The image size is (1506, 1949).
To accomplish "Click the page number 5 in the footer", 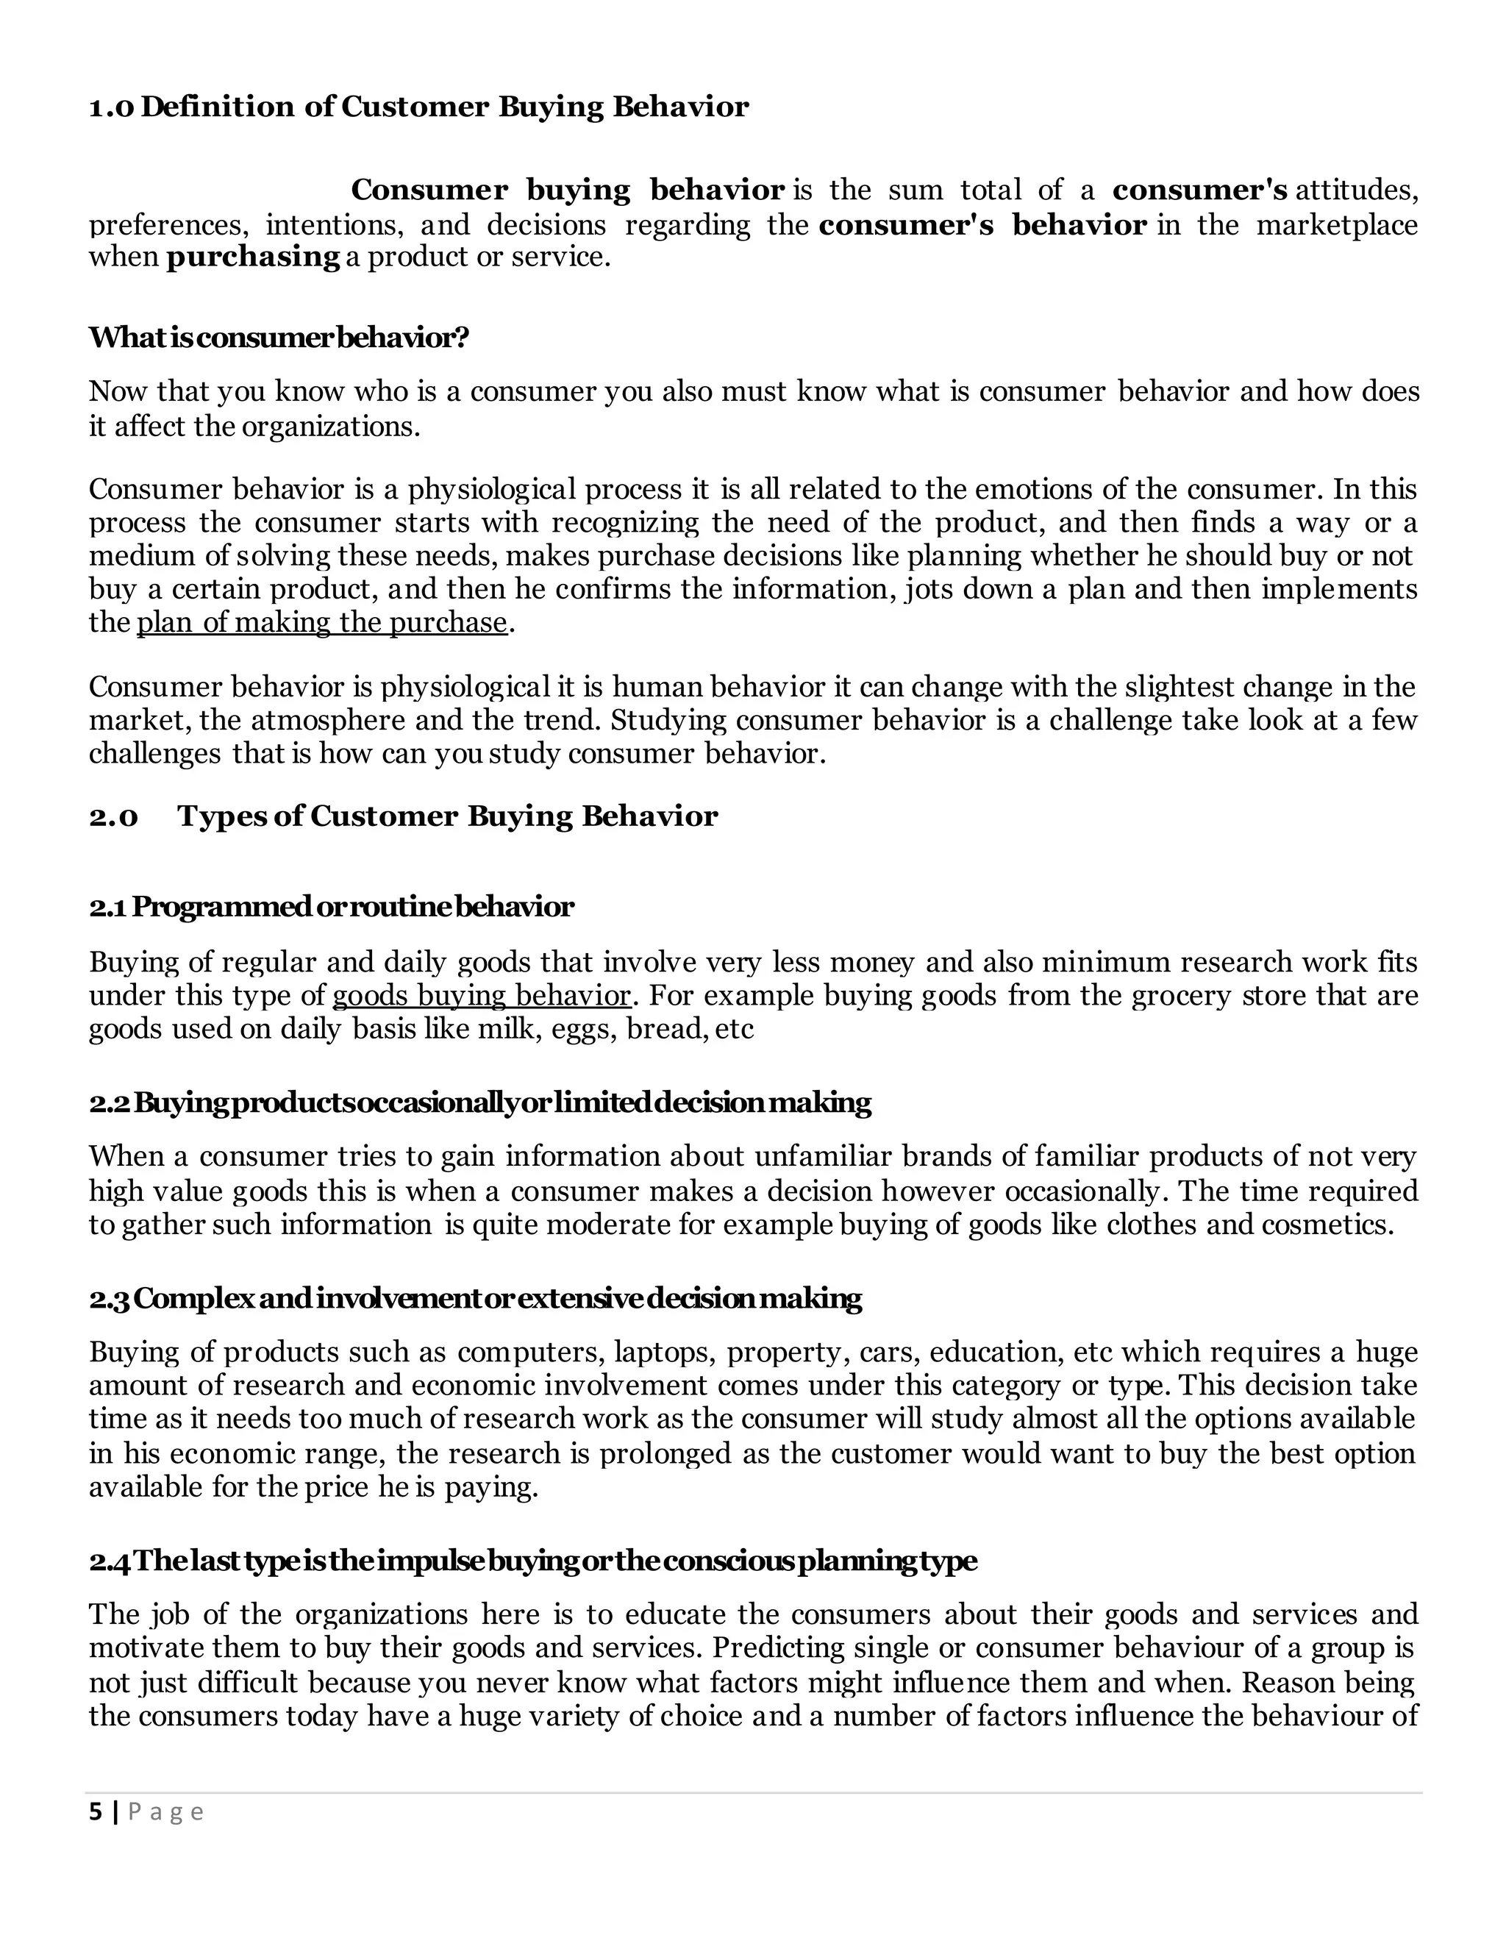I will [x=96, y=1811].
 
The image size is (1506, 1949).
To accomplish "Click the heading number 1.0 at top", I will [x=112, y=107].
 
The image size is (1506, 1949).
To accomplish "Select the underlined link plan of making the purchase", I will [x=321, y=622].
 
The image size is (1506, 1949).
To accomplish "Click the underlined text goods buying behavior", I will [x=481, y=995].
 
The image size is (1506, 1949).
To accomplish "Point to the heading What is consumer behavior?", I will [x=279, y=338].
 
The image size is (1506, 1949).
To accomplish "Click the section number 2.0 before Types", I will [x=113, y=816].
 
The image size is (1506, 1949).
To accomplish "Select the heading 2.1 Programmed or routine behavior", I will [x=331, y=908].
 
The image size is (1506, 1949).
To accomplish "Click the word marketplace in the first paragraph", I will [x=1336, y=225].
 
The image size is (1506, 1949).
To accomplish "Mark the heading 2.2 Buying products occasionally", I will [x=480, y=1103].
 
